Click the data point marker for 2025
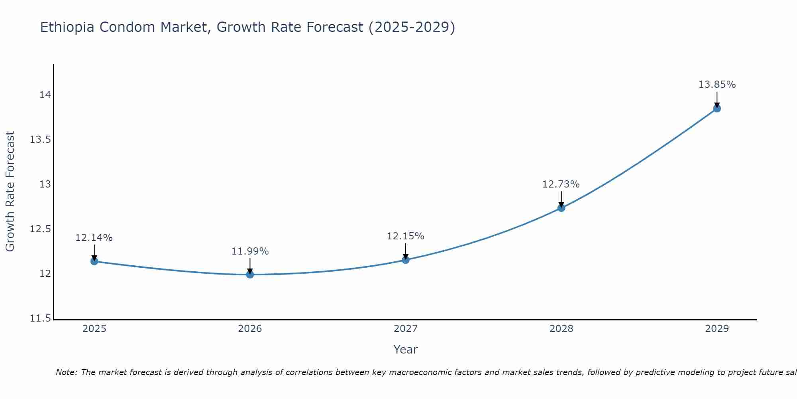(94, 261)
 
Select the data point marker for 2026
(250, 275)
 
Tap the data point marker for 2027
(406, 260)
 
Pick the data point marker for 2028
(561, 208)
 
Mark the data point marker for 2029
(717, 109)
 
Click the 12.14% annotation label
(94, 238)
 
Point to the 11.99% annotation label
(250, 251)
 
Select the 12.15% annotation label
(406, 236)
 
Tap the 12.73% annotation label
(561, 184)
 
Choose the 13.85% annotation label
(717, 85)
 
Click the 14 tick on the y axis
(45, 95)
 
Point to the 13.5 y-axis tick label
(41, 140)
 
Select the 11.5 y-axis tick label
(41, 318)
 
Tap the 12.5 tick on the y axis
(41, 229)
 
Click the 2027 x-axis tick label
(406, 329)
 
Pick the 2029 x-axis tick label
(717, 329)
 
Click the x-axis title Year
(406, 350)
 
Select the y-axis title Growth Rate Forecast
(10, 192)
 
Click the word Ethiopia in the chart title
(67, 28)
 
